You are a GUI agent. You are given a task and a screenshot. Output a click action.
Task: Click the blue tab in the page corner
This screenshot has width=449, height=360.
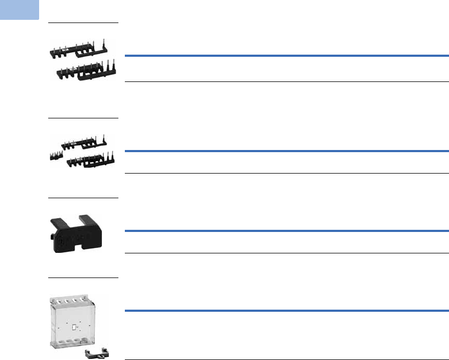pos(19,9)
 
